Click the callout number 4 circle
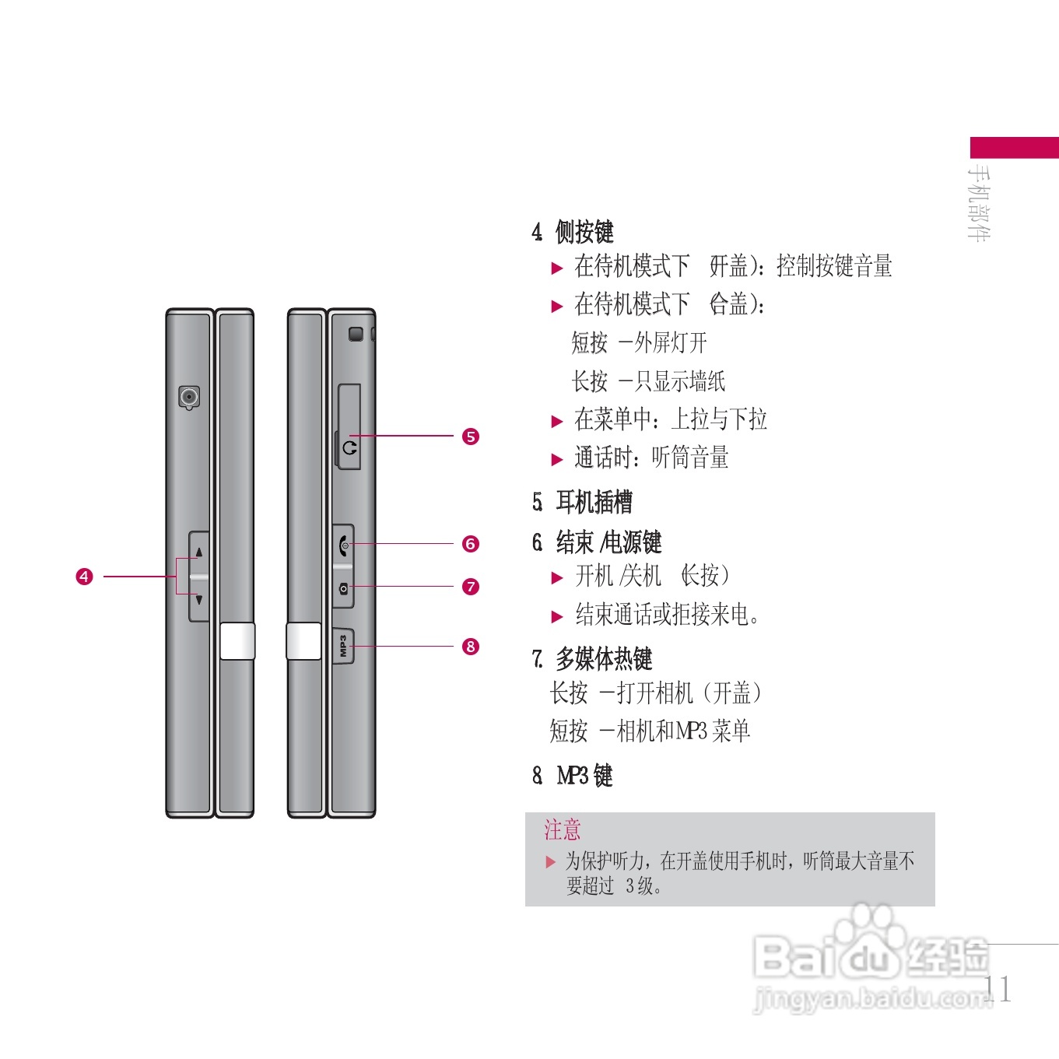coord(84,577)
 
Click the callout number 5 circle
coord(471,437)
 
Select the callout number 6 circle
coord(471,544)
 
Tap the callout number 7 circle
coord(471,587)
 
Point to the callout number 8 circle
coord(471,647)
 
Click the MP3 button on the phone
coord(343,646)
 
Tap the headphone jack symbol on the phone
coord(349,448)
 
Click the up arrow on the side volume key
coord(199,552)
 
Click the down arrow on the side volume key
coord(199,600)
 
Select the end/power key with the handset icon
coord(344,544)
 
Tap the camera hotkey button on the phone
coord(344,589)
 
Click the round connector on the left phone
coord(189,398)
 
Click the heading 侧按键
coord(584,231)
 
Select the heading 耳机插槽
coord(593,502)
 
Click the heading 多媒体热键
coord(603,659)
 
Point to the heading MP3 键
coord(584,776)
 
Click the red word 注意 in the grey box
coord(562,829)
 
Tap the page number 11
coord(998,989)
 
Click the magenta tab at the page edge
coord(1014,147)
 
